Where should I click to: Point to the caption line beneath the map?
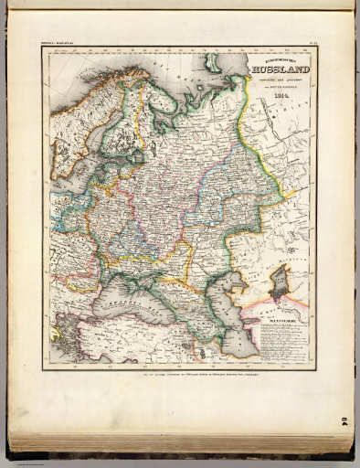pos(179,374)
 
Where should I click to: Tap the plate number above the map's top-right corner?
pos(308,43)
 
